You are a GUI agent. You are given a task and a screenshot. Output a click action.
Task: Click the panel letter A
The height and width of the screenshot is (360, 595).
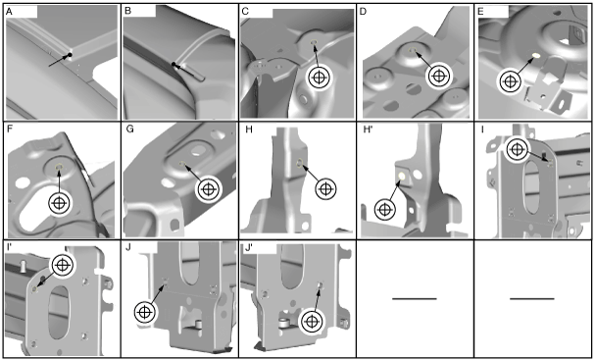[10, 12]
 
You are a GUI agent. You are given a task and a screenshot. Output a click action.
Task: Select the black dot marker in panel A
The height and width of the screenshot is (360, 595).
[70, 56]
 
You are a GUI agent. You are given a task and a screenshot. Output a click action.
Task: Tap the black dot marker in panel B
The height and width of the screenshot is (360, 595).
[174, 64]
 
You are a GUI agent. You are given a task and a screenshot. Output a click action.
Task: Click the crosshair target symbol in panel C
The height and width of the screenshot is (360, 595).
[320, 77]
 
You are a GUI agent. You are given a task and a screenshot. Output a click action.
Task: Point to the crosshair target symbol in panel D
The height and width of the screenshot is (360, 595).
[439, 76]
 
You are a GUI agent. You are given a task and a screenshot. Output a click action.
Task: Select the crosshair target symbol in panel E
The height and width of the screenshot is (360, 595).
[510, 81]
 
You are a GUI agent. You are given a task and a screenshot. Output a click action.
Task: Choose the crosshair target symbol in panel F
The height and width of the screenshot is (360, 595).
[59, 203]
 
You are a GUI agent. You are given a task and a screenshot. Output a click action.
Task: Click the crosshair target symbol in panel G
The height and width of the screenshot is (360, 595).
[208, 188]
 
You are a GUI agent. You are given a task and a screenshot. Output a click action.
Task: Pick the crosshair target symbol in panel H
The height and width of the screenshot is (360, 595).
[326, 188]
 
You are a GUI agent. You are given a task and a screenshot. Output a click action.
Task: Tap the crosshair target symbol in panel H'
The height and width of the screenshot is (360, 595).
[385, 210]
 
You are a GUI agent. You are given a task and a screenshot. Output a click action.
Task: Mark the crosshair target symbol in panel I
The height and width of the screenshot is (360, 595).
[517, 149]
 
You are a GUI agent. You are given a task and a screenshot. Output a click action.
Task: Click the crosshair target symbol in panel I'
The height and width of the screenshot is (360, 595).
[63, 265]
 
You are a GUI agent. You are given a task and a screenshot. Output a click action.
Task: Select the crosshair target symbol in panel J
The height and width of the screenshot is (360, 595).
[145, 312]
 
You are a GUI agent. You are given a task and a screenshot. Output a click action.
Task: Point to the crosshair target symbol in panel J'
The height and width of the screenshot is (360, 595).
[312, 322]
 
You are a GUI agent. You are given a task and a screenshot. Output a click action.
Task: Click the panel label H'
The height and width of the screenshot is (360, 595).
[367, 130]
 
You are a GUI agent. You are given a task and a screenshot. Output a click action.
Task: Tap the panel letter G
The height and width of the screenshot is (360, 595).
[129, 129]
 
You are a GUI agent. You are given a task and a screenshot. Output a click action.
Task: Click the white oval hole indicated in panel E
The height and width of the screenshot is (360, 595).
[536, 56]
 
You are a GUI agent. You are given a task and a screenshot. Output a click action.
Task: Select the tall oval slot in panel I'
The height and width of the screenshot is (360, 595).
[59, 312]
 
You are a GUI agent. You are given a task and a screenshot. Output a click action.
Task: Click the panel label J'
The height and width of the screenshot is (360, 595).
[249, 248]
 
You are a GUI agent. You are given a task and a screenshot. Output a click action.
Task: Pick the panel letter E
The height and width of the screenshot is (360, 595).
[480, 12]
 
